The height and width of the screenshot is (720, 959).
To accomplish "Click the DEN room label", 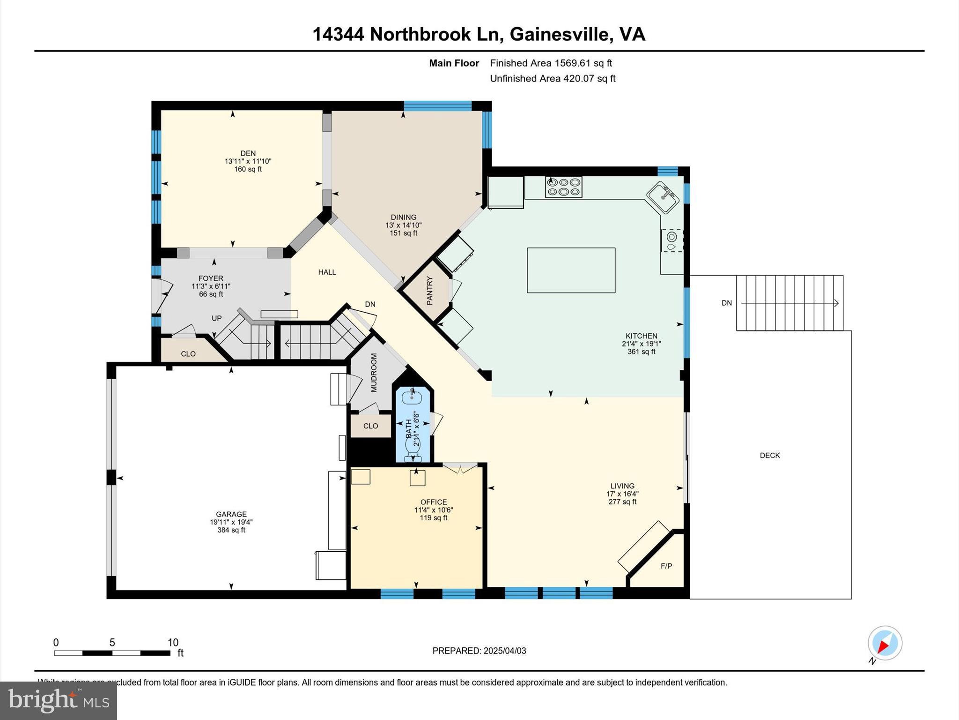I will [248, 153].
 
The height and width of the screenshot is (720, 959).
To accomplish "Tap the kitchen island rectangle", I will [571, 270].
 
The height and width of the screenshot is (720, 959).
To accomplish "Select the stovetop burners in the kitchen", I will [564, 187].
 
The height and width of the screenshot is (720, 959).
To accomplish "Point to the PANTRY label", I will [430, 291].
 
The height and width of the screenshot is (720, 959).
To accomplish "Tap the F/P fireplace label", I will [666, 566].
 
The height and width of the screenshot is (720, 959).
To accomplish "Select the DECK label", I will [769, 455].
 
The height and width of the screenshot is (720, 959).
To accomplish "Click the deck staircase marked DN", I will [789, 303].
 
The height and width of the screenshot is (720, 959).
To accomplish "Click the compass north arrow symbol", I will [884, 643].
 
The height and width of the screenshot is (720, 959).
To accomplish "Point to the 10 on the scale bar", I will [173, 643].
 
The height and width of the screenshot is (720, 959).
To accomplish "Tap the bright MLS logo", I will [58, 700].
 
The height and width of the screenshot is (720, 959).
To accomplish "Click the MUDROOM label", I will [374, 373].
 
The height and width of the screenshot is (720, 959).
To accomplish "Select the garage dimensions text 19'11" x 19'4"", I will [231, 522].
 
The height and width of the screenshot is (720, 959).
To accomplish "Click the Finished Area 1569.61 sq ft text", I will [551, 63].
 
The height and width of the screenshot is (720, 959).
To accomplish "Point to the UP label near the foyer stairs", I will [216, 318].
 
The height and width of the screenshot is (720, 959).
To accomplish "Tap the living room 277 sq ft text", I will [622, 502].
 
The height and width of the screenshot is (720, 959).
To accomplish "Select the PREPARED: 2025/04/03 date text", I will [479, 651].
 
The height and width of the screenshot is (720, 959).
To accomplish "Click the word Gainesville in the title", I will [559, 34].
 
